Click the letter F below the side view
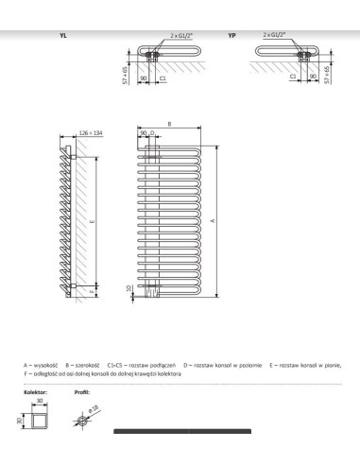(92, 293)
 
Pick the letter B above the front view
(168, 124)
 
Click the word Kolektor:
(35, 388)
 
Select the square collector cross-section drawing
(36, 419)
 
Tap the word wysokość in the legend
(43, 365)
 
